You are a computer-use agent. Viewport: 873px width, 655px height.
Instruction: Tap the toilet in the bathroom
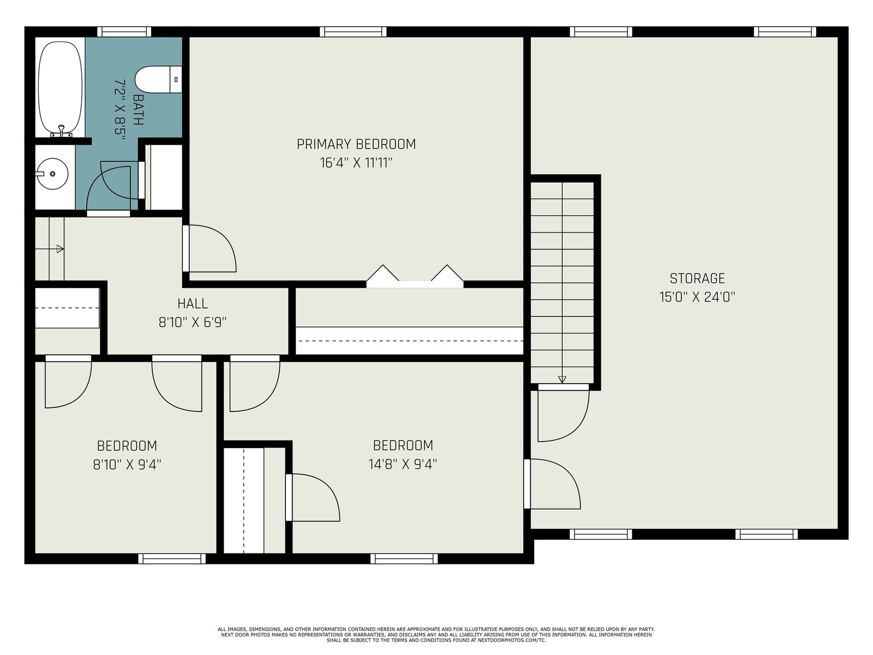pos(158,80)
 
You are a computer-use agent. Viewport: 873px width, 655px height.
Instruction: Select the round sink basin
pos(52,174)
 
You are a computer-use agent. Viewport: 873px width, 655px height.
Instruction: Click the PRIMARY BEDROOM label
pos(356,144)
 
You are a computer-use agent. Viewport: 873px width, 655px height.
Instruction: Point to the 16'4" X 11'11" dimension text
pos(356,163)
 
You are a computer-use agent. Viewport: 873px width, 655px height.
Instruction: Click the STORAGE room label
pos(697,278)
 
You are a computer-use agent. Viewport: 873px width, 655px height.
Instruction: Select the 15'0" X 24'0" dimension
pos(697,297)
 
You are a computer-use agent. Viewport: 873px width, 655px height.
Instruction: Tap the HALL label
pos(193,304)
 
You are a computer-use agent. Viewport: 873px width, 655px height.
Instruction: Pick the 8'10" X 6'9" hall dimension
pos(193,322)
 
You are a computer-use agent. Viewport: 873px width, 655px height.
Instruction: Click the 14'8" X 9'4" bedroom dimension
pos(403,464)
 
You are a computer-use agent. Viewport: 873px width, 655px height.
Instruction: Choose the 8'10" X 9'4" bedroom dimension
pos(127,464)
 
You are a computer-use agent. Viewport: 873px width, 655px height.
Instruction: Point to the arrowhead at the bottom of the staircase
pos(561,379)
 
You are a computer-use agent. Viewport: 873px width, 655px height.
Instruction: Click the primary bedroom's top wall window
pos(353,32)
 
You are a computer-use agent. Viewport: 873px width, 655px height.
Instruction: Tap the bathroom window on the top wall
pos(124,32)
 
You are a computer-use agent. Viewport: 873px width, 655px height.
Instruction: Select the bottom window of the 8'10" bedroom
pos(172,559)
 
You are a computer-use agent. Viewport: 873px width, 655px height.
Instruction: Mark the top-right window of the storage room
pos(785,32)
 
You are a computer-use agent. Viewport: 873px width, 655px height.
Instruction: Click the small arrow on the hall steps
pos(60,249)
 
